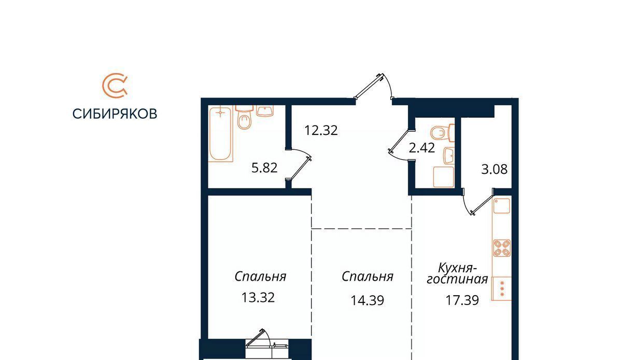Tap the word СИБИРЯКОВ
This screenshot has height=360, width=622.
115,114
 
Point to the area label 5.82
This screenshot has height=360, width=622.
264,168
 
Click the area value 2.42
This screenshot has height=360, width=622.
421,148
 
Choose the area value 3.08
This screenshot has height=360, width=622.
494,169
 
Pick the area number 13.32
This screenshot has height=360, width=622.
258,297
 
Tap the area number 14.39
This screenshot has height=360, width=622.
367,300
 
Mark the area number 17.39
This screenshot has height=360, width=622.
462,300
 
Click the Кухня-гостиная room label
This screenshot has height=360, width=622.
457,274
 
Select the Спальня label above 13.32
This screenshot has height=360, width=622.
260,276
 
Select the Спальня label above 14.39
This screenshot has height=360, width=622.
367,276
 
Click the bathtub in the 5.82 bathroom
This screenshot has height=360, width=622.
220,134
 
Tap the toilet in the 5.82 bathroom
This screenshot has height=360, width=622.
244,117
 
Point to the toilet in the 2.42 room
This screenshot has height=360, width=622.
442,133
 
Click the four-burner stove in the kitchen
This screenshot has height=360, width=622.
502,247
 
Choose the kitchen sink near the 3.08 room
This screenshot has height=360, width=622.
502,206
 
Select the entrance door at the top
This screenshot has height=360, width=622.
374,86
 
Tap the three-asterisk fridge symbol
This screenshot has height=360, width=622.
502,289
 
